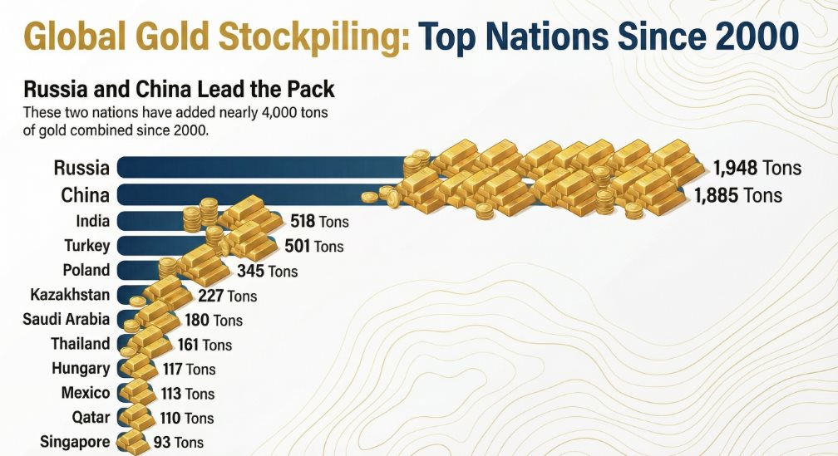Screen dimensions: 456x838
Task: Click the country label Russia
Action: pos(81,168)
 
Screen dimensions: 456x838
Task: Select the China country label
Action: pos(85,195)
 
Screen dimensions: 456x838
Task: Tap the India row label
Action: pos(92,221)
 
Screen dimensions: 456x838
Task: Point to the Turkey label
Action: pos(86,245)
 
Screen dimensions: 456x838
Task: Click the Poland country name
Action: pos(86,270)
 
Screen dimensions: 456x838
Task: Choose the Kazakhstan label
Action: pos(70,295)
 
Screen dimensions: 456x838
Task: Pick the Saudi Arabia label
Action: pos(66,319)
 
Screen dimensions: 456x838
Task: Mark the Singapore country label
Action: pos(74,442)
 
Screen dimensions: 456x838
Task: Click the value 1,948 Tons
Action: pos(757,168)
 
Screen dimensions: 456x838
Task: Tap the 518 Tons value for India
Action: pos(319,222)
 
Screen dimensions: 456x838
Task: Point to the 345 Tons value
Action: pos(268,271)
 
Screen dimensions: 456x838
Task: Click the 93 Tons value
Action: pos(178,443)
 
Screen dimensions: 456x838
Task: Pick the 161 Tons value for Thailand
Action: pos(205,345)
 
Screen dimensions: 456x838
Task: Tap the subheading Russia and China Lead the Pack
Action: pos(179,89)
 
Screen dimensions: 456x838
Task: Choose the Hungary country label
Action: pos(80,368)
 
